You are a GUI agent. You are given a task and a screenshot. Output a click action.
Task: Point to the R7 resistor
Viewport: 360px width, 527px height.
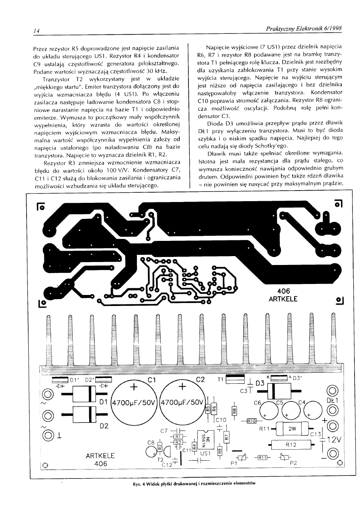coord(226,437)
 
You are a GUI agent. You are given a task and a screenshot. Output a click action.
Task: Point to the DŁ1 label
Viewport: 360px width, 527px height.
coord(333,399)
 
